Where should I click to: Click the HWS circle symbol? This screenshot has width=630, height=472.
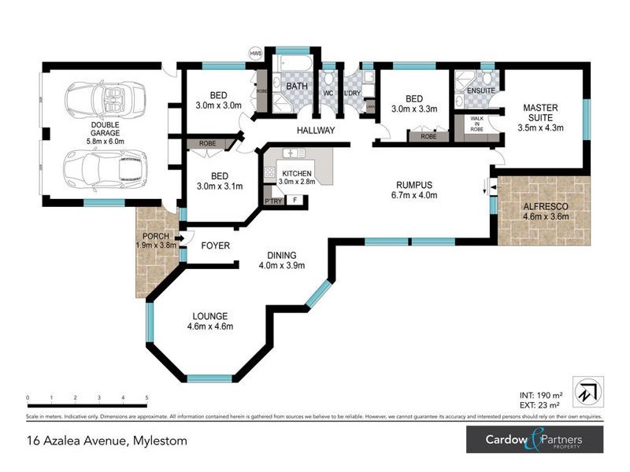click(x=255, y=53)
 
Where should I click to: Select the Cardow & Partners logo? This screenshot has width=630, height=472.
click(x=534, y=440)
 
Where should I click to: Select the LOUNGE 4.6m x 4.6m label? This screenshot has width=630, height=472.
click(x=209, y=321)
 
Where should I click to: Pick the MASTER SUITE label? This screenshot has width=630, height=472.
click(x=541, y=116)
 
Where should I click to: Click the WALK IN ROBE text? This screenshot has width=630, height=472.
click(x=477, y=127)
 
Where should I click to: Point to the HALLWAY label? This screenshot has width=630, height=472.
click(x=316, y=131)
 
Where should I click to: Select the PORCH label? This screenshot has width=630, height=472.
click(x=154, y=240)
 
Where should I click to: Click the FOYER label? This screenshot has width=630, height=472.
click(x=215, y=246)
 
